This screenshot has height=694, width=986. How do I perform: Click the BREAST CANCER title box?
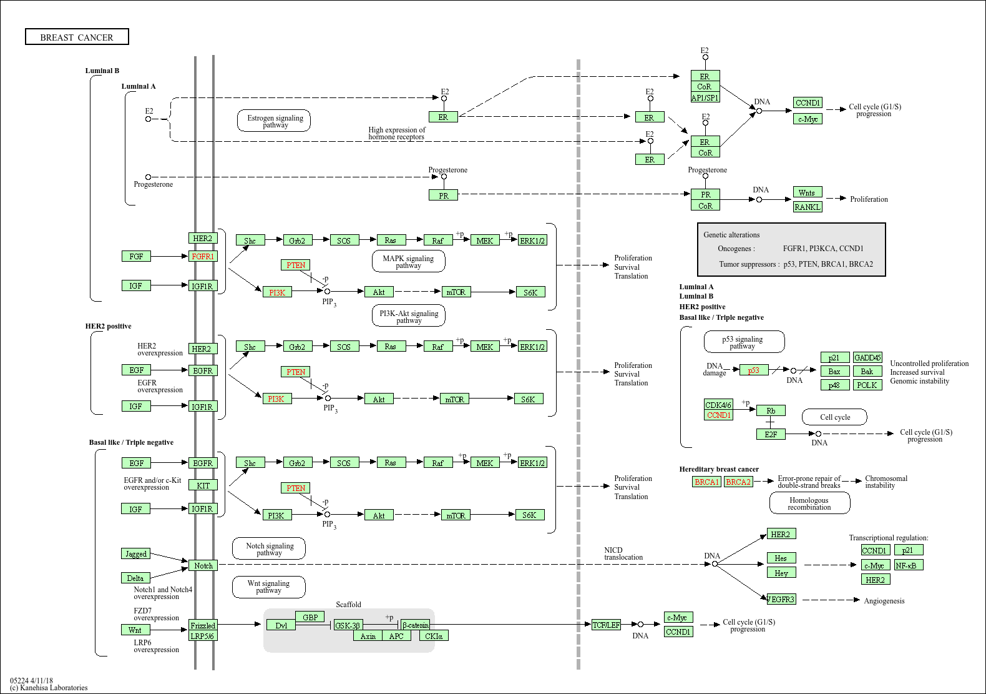tap(77, 37)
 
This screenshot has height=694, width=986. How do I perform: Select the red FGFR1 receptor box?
tap(203, 256)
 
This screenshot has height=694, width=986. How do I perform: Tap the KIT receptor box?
tap(203, 485)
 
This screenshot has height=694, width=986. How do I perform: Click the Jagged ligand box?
tap(135, 553)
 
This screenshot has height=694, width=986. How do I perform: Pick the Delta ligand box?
tap(135, 578)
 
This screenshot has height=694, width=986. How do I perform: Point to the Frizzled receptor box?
tap(203, 625)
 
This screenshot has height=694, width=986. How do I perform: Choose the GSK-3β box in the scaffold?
tap(348, 625)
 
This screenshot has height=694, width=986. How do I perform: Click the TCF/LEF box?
tap(606, 625)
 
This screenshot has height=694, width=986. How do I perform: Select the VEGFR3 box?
tap(781, 599)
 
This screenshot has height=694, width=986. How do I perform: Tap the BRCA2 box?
tap(738, 482)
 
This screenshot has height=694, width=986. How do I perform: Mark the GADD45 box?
tap(867, 357)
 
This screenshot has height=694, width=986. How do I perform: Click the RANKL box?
tap(808, 207)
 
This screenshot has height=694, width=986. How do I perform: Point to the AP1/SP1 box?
tap(705, 97)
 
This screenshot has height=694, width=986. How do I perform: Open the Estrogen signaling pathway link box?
tap(275, 121)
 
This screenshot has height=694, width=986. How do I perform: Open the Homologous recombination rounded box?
tap(809, 503)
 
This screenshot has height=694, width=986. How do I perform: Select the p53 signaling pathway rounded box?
tap(743, 342)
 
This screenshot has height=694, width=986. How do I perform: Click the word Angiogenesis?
tap(884, 601)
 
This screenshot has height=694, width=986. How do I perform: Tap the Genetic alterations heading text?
tap(731, 235)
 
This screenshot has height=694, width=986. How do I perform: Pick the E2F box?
tap(771, 434)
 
